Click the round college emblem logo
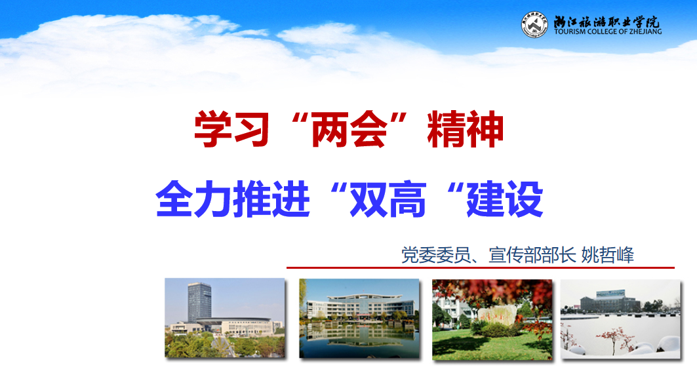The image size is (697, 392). click(x=534, y=25)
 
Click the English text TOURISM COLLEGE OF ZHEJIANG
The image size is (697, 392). click(x=608, y=31)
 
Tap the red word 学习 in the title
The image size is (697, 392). click(x=231, y=129)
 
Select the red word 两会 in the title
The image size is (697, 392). click(x=349, y=129)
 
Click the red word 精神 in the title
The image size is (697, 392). click(x=466, y=129)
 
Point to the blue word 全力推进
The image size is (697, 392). click(x=233, y=199)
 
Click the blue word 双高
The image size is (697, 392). click(x=388, y=199)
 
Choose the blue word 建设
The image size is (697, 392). click(x=504, y=199)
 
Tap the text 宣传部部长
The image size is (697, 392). click(x=532, y=255)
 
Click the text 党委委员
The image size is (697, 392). click(x=435, y=255)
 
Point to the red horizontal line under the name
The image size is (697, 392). click(x=481, y=267)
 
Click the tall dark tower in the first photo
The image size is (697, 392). click(x=199, y=302)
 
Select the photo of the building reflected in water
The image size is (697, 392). click(x=359, y=318)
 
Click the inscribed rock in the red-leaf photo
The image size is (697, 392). click(x=497, y=315)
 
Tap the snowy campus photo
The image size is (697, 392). click(x=620, y=319)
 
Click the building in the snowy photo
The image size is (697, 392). click(x=610, y=302)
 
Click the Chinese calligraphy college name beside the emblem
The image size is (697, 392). click(x=607, y=21)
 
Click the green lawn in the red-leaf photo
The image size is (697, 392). click(x=491, y=344)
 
